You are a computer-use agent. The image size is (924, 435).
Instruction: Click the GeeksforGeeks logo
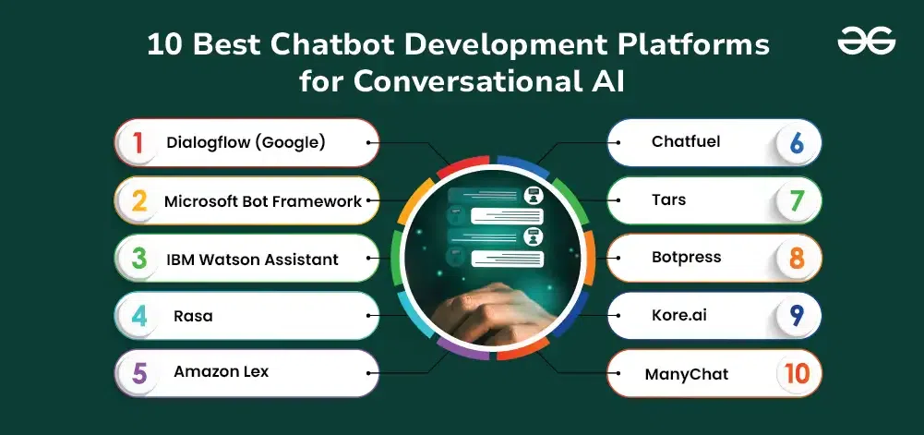point(866,42)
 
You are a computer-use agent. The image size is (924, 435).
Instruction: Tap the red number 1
point(138,142)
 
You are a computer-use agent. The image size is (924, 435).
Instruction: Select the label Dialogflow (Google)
point(246,142)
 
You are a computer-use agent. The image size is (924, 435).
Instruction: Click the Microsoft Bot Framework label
point(263,200)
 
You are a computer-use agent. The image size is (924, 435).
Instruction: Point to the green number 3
point(138,258)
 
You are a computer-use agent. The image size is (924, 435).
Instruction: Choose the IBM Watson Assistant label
point(252,259)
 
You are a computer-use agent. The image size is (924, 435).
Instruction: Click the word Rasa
point(193,316)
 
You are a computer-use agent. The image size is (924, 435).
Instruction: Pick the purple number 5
point(139,373)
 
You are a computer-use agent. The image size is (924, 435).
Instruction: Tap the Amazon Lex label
point(221,372)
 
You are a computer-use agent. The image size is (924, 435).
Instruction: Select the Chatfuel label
point(686,142)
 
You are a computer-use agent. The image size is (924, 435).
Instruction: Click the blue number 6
point(795,143)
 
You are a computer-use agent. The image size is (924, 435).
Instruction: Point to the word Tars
point(668,199)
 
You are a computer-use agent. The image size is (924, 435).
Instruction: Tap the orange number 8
point(795,259)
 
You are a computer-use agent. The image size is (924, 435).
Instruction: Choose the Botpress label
point(686,257)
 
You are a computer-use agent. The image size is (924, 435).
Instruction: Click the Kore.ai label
point(678,315)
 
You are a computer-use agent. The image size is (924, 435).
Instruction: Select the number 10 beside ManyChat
point(795,374)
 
